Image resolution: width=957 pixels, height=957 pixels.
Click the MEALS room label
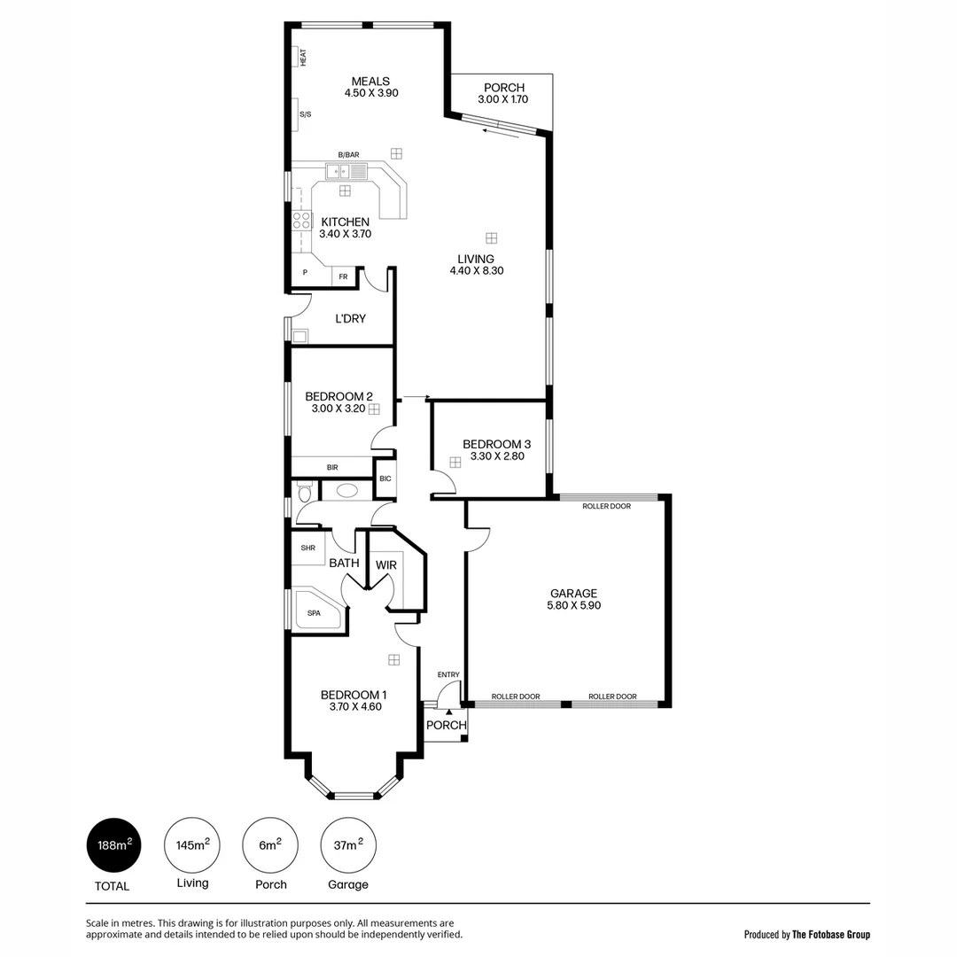pyautogui.click(x=370, y=81)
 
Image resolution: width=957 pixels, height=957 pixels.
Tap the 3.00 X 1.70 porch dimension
pyautogui.click(x=503, y=100)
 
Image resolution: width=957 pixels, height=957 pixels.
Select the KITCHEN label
pyautogui.click(x=345, y=222)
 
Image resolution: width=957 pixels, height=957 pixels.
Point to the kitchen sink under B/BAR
pyautogui.click(x=338, y=171)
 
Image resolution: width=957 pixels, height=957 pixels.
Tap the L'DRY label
pyautogui.click(x=350, y=318)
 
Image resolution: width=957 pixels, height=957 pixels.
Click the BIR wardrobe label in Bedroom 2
pyautogui.click(x=331, y=467)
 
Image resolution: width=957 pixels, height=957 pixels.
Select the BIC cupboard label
pyautogui.click(x=385, y=478)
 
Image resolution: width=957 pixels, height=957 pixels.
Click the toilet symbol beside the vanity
pyautogui.click(x=305, y=492)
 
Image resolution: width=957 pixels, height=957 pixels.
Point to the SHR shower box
pyautogui.click(x=307, y=548)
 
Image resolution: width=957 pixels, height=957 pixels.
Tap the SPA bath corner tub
pyautogui.click(x=315, y=611)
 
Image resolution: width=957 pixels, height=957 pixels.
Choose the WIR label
pyautogui.click(x=385, y=564)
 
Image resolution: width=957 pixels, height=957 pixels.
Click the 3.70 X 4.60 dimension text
pyautogui.click(x=354, y=707)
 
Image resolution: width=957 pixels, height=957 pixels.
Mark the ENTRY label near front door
pyautogui.click(x=448, y=674)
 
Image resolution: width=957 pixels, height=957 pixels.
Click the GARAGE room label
pyautogui.click(x=573, y=593)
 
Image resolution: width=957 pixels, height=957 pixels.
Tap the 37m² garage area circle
pyautogui.click(x=347, y=845)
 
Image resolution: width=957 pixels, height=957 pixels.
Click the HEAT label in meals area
pyautogui.click(x=302, y=57)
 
